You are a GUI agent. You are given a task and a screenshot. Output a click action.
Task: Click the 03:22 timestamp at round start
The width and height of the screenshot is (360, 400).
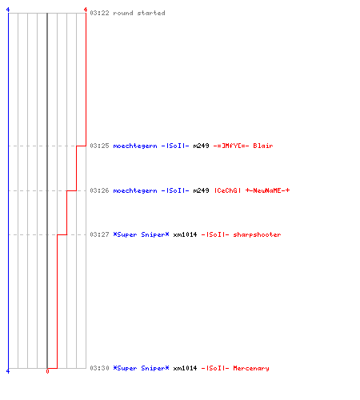[x=99, y=13]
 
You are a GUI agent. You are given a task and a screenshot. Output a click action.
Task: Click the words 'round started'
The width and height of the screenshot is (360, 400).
[x=139, y=13]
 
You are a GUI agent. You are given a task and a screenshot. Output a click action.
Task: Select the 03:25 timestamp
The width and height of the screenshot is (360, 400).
[x=99, y=146]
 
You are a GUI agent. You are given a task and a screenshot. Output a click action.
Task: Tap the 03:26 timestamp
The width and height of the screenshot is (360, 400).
[x=99, y=190]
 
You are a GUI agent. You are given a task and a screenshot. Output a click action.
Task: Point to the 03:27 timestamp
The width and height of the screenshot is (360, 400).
[x=99, y=234]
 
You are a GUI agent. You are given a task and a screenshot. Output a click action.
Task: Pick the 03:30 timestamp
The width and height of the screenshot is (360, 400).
[x=99, y=368]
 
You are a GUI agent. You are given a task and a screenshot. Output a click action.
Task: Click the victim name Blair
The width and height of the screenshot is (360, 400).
[x=263, y=146]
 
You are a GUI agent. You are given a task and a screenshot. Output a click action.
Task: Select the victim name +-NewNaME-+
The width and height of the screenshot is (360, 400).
[x=267, y=190]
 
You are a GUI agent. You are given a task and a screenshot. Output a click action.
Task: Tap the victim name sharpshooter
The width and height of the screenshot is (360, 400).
[x=257, y=235]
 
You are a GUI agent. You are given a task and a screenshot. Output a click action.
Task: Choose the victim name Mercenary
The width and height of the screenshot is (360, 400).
[x=251, y=369]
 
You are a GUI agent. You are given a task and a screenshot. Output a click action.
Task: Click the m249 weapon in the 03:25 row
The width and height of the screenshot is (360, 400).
[x=201, y=146]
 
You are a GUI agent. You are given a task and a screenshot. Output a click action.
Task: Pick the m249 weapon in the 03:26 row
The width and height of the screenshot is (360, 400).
[x=201, y=190]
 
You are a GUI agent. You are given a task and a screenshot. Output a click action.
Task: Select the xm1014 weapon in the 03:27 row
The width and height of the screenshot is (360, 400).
[x=185, y=234]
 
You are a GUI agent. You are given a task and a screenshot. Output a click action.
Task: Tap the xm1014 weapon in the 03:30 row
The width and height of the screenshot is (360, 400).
[x=185, y=368]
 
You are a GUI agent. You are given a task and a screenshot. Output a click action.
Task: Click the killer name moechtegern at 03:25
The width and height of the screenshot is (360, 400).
[x=135, y=146]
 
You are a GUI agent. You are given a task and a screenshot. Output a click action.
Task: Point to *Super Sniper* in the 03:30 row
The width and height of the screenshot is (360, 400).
[x=141, y=369]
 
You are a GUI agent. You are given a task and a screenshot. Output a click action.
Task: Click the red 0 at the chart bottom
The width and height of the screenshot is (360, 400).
[x=47, y=371]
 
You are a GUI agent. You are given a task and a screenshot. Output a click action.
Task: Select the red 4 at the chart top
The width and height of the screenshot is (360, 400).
[x=86, y=10]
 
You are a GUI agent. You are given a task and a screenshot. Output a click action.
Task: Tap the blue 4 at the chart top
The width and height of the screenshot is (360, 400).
[x=8, y=10]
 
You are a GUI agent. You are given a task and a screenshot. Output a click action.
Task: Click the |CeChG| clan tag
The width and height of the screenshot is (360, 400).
[x=228, y=190]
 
